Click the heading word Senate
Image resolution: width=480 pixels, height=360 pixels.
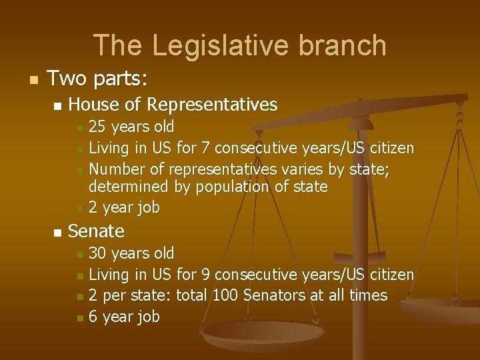96,231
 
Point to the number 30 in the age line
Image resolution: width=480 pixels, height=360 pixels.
98,253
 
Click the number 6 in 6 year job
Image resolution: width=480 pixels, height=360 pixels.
93,317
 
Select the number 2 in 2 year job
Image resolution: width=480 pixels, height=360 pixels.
93,208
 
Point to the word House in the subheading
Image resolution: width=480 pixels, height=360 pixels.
91,105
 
